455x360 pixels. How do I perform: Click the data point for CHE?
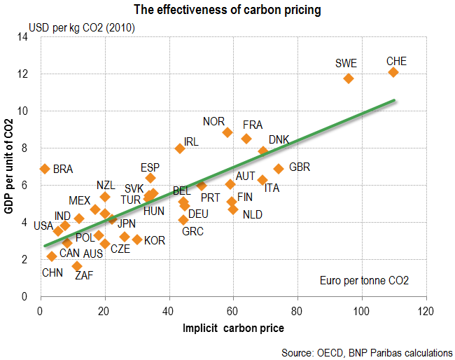(393, 72)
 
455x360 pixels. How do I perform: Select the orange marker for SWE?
(348, 78)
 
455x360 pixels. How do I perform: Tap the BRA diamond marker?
(45, 169)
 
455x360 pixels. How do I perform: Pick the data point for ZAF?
(77, 266)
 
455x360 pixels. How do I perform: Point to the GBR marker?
(278, 169)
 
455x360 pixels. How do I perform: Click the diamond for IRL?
(180, 148)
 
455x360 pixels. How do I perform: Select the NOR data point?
(227, 132)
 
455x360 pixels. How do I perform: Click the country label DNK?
(279, 139)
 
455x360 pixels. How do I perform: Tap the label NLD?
(253, 214)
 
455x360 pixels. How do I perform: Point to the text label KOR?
(155, 240)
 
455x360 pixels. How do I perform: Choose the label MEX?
(79, 201)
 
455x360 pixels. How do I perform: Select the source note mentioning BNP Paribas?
(367, 352)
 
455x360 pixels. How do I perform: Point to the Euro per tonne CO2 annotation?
(363, 280)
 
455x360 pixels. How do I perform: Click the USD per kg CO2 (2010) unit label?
(81, 28)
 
